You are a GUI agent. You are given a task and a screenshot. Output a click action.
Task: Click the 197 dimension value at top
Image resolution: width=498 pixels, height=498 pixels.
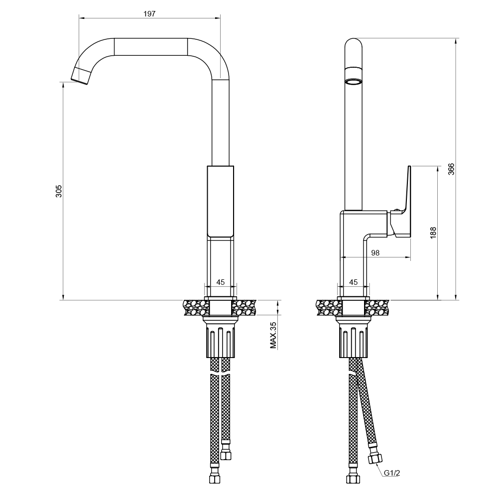149,13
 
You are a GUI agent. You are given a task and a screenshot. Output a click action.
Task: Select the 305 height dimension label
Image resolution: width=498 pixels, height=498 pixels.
59,191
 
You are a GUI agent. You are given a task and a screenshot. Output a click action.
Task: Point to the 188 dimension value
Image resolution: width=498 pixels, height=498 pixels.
433,233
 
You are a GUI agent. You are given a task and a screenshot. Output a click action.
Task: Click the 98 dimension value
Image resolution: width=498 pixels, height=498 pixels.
375,253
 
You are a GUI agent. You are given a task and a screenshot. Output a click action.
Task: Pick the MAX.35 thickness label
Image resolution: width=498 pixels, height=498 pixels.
273,335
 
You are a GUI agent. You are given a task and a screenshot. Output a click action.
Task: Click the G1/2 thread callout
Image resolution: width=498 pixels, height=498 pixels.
392,473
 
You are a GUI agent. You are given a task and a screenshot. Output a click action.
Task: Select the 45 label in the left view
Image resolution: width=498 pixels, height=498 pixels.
220,282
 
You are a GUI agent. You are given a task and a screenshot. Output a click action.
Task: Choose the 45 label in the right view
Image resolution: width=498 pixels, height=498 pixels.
353,282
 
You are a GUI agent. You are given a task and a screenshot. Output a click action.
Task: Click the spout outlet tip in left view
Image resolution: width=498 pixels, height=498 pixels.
81,74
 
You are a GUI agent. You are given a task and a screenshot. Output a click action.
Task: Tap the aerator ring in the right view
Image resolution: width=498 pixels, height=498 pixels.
354,82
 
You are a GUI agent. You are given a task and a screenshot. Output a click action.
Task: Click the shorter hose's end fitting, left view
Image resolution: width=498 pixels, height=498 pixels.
226,454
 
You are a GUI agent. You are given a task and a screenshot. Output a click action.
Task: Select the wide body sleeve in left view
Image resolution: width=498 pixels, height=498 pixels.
220,202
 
